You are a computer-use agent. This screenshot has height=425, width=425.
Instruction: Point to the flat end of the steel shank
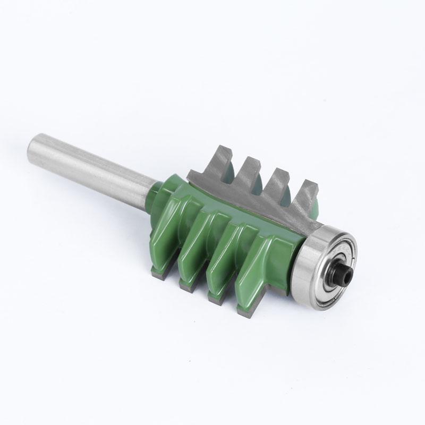[33, 148]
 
